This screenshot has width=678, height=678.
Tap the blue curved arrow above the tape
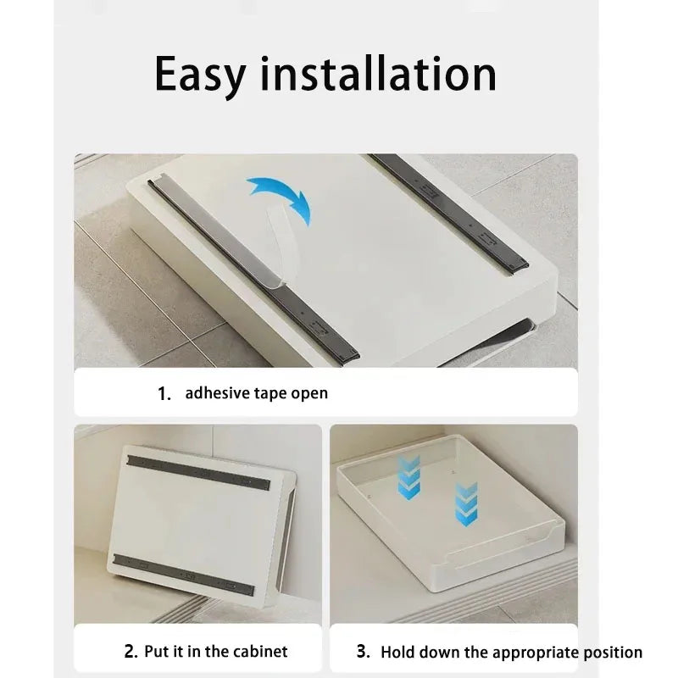[x=280, y=198]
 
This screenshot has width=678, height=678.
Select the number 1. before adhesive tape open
[x=164, y=393]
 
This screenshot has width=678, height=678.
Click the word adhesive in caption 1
[x=215, y=393]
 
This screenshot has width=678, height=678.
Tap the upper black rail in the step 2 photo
[x=199, y=473]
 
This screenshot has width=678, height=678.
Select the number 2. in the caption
[x=131, y=652]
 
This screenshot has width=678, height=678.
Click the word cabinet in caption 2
[x=258, y=652]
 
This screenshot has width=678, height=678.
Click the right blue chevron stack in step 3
[x=466, y=503]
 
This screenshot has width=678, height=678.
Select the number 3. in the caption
[x=363, y=652]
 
